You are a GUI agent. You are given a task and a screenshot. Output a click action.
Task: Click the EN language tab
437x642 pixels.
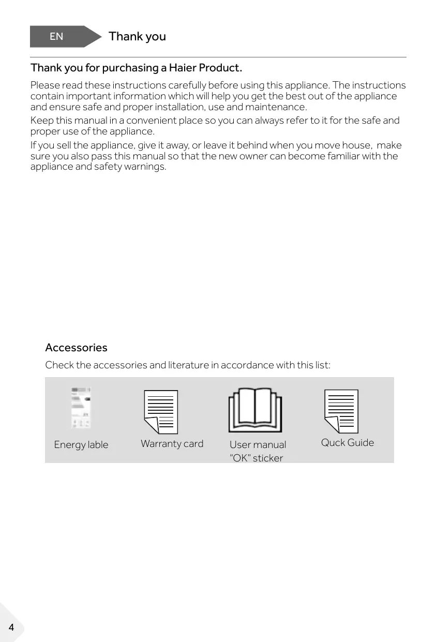pos(57,36)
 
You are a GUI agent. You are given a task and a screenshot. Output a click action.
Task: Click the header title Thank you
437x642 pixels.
pos(137,36)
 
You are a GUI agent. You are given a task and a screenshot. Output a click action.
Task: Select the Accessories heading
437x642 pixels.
pos(76,347)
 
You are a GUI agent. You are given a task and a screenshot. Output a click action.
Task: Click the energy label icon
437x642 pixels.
pos(80,408)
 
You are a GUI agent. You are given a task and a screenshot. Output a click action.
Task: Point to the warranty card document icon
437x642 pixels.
pos(161,412)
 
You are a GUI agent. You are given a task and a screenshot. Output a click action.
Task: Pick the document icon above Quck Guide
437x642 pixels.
pos(341,411)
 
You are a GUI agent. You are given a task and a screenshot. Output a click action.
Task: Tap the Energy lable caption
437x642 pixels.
pos(81,445)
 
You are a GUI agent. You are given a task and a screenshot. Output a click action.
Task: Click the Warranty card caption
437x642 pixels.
pos(172,443)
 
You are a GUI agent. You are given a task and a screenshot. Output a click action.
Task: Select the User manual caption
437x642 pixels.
pos(258,444)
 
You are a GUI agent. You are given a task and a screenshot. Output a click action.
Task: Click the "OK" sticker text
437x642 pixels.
pos(256,458)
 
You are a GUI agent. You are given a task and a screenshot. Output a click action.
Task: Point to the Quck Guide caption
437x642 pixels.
pos(347,442)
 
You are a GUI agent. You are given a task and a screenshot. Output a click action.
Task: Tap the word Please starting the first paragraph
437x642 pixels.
pos(45,85)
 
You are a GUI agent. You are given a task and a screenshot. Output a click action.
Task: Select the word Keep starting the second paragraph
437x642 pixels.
pos(41,121)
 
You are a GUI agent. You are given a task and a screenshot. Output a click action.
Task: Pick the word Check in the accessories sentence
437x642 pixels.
pos(59,365)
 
